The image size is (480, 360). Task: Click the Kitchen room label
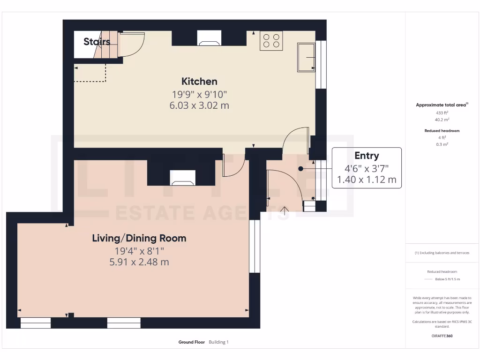click(x=199, y=81)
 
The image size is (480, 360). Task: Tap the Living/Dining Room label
click(x=139, y=238)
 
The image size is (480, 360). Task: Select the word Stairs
click(x=97, y=42)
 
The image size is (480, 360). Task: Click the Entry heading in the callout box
click(x=367, y=156)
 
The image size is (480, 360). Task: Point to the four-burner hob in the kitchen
click(x=271, y=41)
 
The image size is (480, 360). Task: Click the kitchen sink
click(x=306, y=57)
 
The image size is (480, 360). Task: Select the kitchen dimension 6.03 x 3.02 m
click(x=199, y=105)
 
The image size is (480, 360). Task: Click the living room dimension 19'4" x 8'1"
click(x=139, y=251)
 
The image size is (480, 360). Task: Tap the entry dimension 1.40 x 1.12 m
click(x=367, y=179)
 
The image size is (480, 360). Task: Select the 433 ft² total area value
click(x=442, y=113)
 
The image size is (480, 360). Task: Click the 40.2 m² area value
click(x=442, y=120)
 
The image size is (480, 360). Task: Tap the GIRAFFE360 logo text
click(x=442, y=336)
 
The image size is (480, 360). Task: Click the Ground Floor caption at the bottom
click(x=192, y=342)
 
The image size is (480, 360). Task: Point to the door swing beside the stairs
click(x=132, y=44)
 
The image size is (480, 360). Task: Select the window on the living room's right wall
click(x=255, y=246)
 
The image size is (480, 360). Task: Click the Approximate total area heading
click(x=442, y=105)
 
